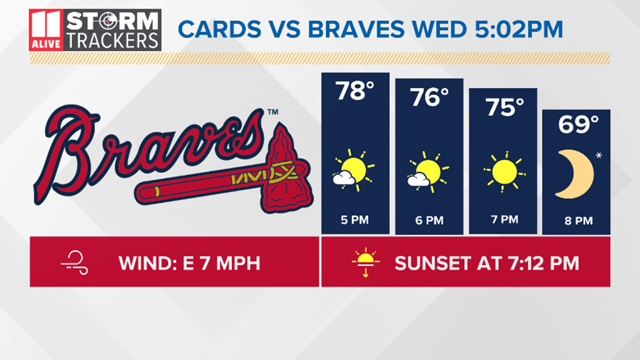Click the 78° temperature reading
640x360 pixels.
pyautogui.click(x=355, y=90)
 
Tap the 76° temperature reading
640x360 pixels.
pyautogui.click(x=429, y=97)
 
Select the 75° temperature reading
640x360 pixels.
pyautogui.click(x=504, y=107)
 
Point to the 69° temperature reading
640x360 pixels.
pyautogui.click(x=578, y=124)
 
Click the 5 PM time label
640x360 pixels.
pyautogui.click(x=355, y=220)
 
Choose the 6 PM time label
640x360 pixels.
pyautogui.click(x=429, y=220)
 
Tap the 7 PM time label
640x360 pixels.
pyautogui.click(x=504, y=219)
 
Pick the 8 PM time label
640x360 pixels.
pyautogui.click(x=578, y=221)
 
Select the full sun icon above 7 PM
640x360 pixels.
pyautogui.click(x=505, y=171)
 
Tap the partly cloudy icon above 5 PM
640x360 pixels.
pyautogui.click(x=354, y=171)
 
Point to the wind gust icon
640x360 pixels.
pyautogui.click(x=75, y=263)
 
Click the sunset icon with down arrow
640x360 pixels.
pyautogui.click(x=365, y=262)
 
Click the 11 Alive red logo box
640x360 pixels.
pyautogui.click(x=46, y=30)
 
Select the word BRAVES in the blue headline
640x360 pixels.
pyautogui.click(x=356, y=29)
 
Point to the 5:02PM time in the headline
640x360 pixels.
pyautogui.click(x=519, y=29)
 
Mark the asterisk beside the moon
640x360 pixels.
pyautogui.click(x=599, y=155)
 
